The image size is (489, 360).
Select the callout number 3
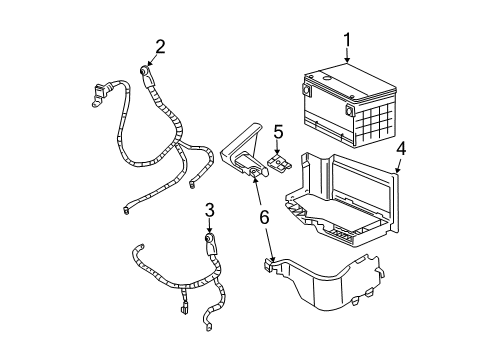(x=209, y=208)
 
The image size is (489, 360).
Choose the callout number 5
(x=279, y=130)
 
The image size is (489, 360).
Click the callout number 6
(x=265, y=215)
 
